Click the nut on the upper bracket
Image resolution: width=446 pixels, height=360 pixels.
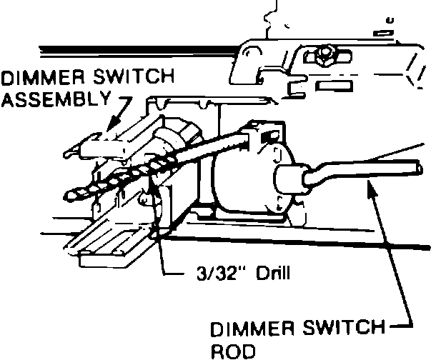pos(328,54)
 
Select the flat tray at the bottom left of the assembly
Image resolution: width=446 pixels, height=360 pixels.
pos(114,243)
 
